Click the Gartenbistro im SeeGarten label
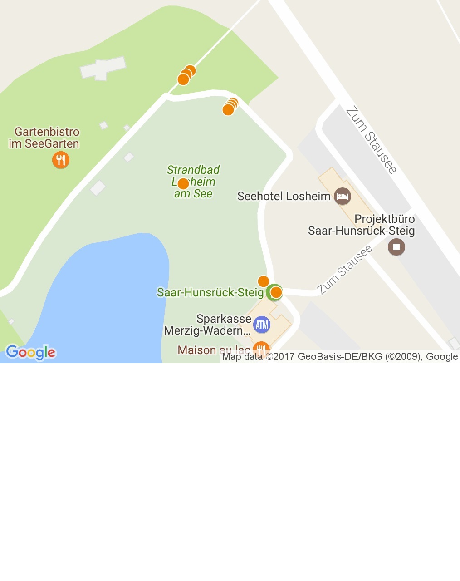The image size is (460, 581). [x=44, y=138]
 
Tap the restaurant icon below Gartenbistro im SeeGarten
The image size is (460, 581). [x=60, y=160]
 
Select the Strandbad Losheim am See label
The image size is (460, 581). [x=193, y=182]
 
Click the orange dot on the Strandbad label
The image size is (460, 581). [x=183, y=183]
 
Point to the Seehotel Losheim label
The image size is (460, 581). [x=284, y=196]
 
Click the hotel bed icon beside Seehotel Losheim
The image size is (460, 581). [x=342, y=197]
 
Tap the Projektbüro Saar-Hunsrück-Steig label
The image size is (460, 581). [x=362, y=225]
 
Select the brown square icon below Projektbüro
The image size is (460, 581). [x=396, y=247]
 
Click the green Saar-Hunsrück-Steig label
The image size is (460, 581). [x=210, y=292]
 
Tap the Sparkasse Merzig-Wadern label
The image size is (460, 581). [x=207, y=325]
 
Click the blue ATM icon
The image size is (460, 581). [x=262, y=325]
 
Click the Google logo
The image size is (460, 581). [x=31, y=352]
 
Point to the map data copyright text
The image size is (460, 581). [x=339, y=357]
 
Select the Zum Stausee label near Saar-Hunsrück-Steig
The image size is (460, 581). [x=344, y=270]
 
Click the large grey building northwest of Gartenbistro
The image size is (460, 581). [x=103, y=68]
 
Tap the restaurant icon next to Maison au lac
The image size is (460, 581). [x=261, y=349]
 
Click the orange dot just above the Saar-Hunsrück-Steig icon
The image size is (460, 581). [x=263, y=281]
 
